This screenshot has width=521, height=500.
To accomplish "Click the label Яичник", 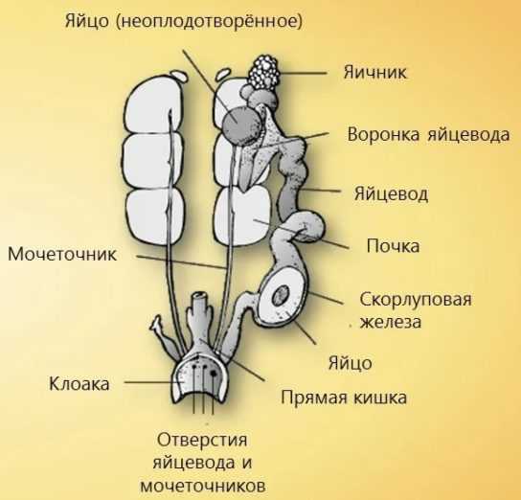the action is tap(374, 72).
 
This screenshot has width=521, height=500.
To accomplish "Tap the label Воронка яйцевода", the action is tap(428, 134).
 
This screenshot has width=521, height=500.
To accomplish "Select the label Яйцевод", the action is tap(391, 193).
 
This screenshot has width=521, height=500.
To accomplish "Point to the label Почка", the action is tap(393, 246).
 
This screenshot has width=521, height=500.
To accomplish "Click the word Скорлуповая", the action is tap(416, 300).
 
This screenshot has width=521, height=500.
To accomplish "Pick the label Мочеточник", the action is tap(62, 254).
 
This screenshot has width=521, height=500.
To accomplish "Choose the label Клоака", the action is tap(79, 384).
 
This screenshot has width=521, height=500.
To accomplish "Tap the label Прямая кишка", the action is tap(344, 398).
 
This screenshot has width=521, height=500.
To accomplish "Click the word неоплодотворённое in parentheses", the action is tap(210, 22).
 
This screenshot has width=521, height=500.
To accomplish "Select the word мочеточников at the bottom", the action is tap(203, 486).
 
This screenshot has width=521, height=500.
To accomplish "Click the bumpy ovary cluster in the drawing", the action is tap(264, 73).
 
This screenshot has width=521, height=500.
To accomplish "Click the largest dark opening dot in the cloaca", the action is tap(214, 374).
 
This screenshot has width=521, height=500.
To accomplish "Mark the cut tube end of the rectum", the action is tap(201, 295).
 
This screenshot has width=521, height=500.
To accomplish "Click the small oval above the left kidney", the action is tap(179, 75).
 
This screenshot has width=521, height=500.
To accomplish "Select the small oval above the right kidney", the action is tap(223, 74).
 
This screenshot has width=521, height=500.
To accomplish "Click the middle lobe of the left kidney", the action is tap(153, 162).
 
